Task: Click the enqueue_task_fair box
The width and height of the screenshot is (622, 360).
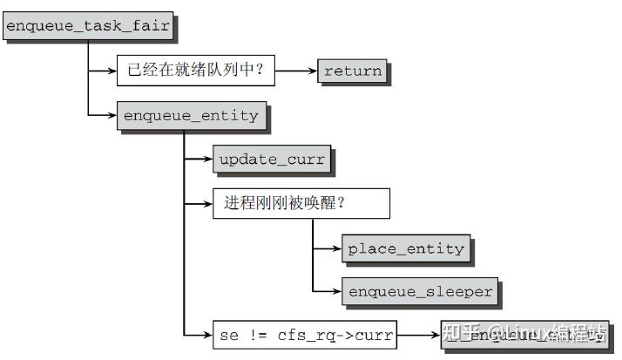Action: click(86, 26)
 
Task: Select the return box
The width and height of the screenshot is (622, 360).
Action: click(352, 71)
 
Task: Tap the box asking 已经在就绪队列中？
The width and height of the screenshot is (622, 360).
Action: click(195, 71)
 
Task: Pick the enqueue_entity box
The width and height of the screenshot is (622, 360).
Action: click(191, 115)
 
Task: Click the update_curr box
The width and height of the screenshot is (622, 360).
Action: click(271, 160)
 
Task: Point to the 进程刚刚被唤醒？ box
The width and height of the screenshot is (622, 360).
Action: click(301, 204)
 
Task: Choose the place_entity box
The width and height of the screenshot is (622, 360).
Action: click(405, 248)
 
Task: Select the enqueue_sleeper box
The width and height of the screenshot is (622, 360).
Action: click(420, 292)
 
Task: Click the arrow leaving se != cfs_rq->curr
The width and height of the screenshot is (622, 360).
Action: click(417, 335)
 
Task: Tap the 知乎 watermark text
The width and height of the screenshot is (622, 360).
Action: click(460, 335)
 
